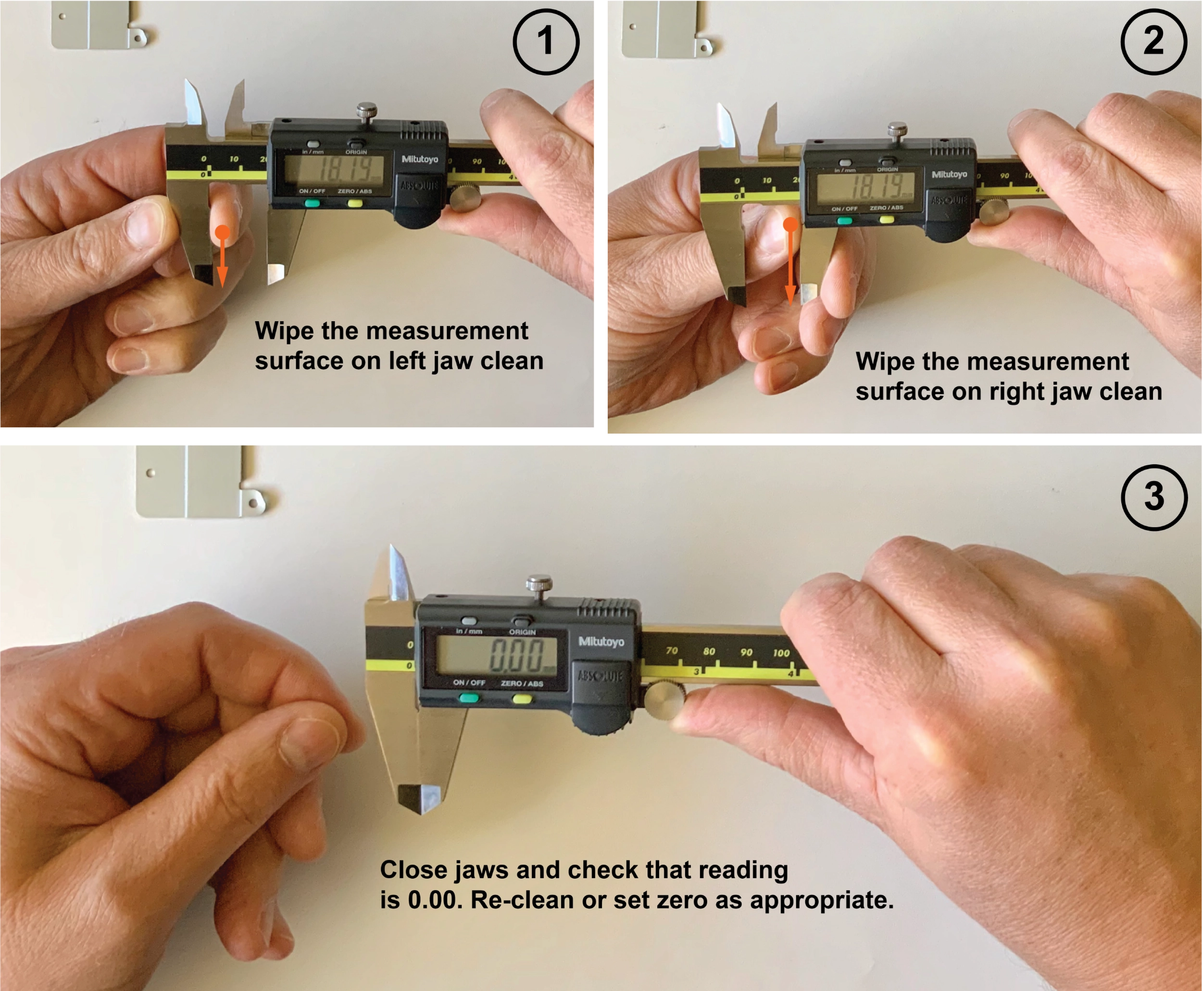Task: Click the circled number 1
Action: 545,41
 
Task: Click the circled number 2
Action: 1153,41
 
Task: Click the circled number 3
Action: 1153,496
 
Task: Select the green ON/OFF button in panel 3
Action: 469,697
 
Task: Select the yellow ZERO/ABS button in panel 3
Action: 521,699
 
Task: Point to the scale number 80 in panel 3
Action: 709,651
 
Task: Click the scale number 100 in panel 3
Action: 781,653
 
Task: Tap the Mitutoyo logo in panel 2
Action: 949,174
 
